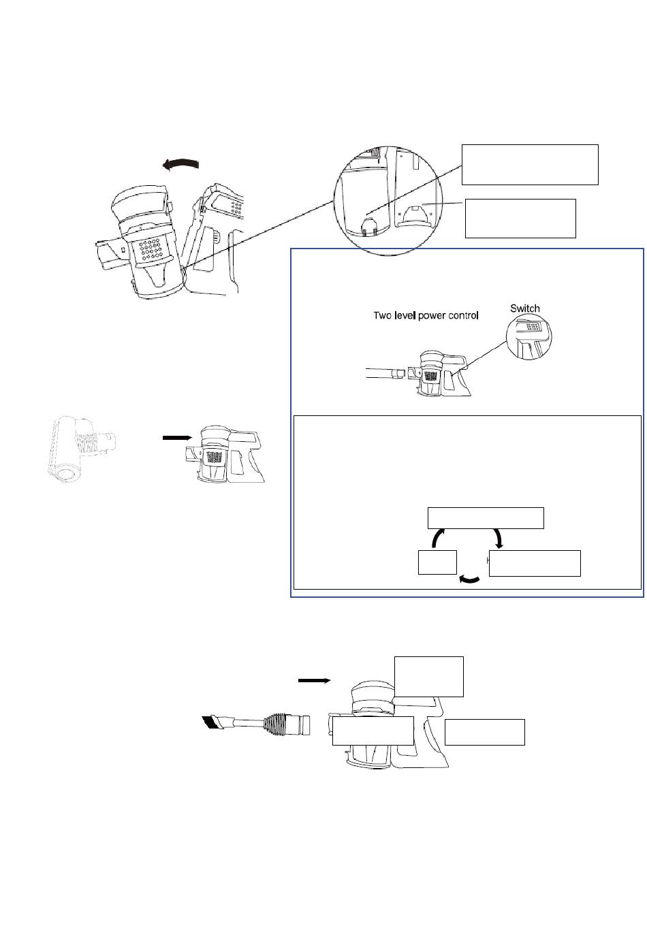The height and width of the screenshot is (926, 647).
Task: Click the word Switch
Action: (524, 308)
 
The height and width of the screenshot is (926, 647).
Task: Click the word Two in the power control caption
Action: (383, 316)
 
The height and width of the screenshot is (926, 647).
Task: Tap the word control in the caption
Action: (463, 316)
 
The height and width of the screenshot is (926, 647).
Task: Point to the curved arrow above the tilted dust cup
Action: (180, 164)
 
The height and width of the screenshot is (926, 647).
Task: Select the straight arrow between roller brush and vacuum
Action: (177, 438)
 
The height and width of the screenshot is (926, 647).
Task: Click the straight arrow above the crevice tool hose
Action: (314, 680)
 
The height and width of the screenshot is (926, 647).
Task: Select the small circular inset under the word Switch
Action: (528, 338)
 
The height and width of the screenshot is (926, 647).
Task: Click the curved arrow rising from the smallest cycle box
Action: (438, 537)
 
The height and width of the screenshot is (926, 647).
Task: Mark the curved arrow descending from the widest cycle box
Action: (497, 538)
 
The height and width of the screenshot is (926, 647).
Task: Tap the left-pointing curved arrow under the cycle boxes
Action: (470, 579)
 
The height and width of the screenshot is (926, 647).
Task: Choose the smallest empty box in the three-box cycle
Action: (437, 562)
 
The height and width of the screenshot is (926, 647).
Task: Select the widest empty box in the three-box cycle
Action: (486, 518)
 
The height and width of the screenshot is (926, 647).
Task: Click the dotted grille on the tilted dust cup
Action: (151, 249)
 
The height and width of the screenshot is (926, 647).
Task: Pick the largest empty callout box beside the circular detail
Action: (530, 165)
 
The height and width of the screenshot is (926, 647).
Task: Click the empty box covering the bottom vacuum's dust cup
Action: (373, 731)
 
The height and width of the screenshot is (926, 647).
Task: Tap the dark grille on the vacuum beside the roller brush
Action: (214, 457)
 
